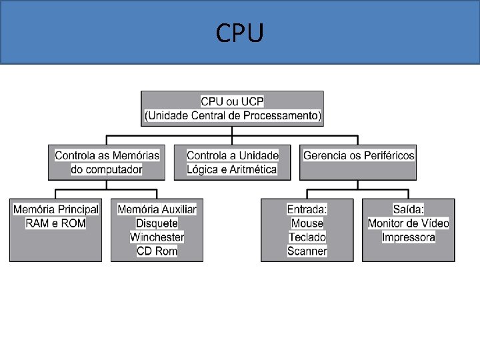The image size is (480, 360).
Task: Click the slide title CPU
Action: [x=239, y=32]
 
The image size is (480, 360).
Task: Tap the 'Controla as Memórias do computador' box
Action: [x=107, y=162]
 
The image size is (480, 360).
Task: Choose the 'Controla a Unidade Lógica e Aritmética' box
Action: [x=232, y=162]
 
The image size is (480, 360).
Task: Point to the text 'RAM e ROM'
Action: [x=55, y=223]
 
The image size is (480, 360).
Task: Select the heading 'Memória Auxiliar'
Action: [x=157, y=209]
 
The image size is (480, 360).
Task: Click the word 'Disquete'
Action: [x=157, y=223]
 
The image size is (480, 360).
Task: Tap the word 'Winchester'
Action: [x=157, y=237]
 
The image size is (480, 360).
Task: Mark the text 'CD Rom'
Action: [x=157, y=251]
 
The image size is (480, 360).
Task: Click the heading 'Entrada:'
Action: [x=307, y=209]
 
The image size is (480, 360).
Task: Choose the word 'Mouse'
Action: [x=307, y=223]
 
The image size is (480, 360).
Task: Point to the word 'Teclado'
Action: [x=307, y=237]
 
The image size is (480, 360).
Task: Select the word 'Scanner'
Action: [x=307, y=251]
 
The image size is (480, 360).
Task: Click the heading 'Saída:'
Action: [x=408, y=209]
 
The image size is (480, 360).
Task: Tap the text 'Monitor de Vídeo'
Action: [x=408, y=223]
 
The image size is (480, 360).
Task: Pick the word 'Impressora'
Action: [x=408, y=237]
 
